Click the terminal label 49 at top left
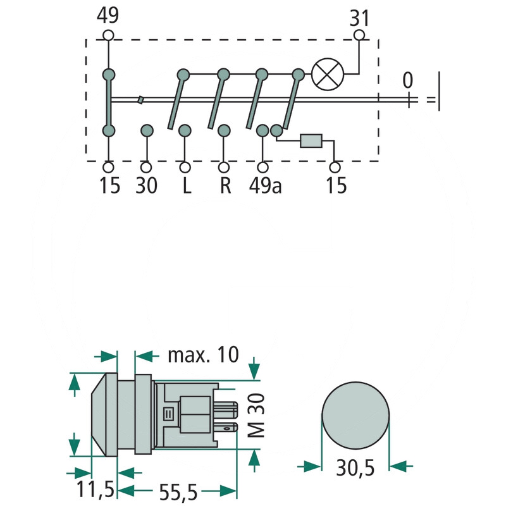108,15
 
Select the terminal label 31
359,18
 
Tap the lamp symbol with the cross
328,74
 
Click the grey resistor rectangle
311,141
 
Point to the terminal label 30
147,185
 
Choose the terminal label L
187,185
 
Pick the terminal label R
225,185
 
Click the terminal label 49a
265,185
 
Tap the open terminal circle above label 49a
262,168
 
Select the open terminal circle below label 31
359,35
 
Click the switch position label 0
407,80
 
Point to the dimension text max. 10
203,355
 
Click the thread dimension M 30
257,416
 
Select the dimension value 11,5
96,489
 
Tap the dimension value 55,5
178,492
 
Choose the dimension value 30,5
355,467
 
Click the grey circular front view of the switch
355,416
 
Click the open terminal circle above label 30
146,168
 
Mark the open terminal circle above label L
185,168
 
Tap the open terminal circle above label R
224,168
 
